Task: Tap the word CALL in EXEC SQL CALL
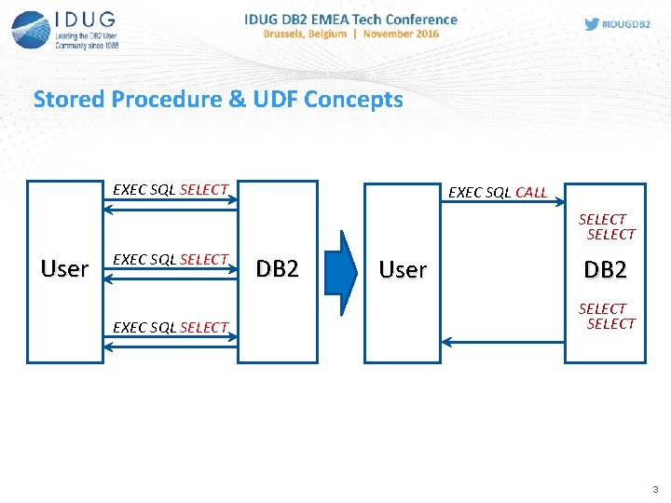click(530, 193)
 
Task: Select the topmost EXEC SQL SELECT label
click(171, 189)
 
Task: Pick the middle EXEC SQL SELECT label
click(171, 259)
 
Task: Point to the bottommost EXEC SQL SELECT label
click(171, 327)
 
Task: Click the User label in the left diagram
click(64, 269)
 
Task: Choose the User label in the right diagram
click(403, 270)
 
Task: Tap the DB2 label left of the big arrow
click(278, 269)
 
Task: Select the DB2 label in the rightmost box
click(605, 270)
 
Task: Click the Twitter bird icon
click(592, 24)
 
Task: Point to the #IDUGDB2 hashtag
click(627, 25)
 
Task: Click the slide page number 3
click(655, 490)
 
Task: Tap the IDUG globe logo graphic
click(31, 29)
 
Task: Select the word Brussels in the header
click(292, 34)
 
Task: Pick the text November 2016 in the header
click(401, 34)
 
